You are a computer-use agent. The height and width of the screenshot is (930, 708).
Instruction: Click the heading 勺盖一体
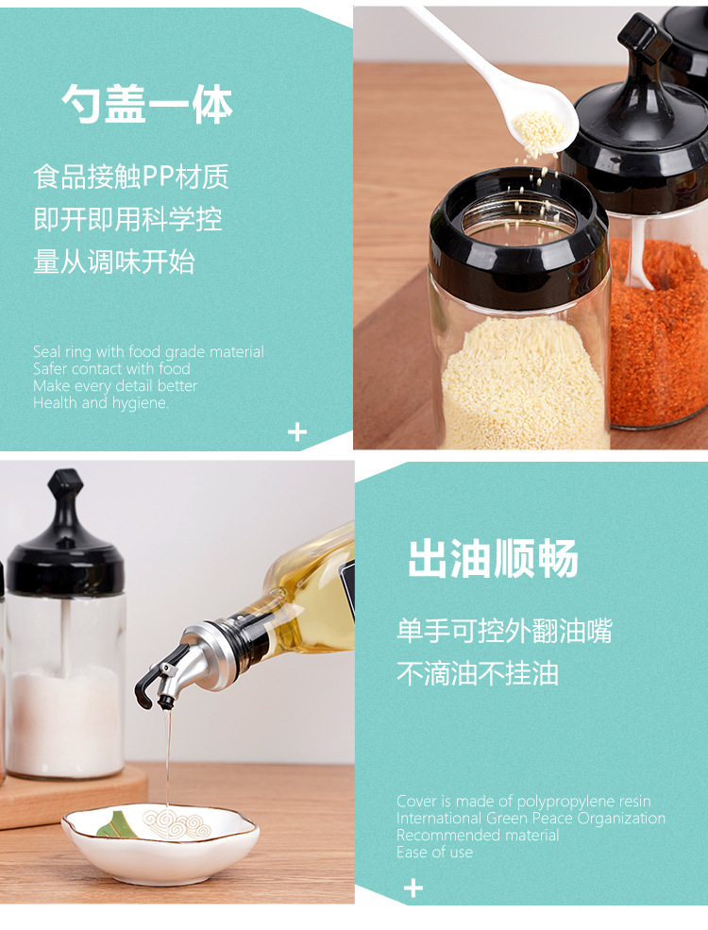click(x=147, y=104)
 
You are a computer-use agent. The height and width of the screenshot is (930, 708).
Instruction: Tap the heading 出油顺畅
click(x=493, y=558)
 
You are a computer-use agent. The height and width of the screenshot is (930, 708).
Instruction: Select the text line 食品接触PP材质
click(x=131, y=177)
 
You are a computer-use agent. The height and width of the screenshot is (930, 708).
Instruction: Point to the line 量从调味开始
click(x=114, y=262)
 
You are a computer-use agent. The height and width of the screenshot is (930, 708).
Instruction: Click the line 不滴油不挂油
click(x=478, y=673)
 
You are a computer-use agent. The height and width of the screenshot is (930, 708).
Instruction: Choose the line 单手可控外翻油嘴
click(x=504, y=631)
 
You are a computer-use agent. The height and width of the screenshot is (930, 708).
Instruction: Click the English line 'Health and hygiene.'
click(x=101, y=403)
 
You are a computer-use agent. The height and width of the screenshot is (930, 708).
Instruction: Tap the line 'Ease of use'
click(x=434, y=853)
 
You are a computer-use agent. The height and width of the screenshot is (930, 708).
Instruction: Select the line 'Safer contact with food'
click(x=111, y=368)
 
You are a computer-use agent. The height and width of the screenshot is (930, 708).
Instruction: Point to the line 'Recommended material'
click(x=478, y=835)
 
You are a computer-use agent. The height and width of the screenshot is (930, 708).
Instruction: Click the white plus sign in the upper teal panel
click(x=297, y=432)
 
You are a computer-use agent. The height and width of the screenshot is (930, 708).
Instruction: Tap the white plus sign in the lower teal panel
click(x=413, y=888)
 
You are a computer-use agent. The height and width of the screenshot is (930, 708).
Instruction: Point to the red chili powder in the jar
click(x=658, y=332)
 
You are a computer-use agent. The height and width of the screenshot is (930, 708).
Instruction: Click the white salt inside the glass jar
click(x=65, y=719)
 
